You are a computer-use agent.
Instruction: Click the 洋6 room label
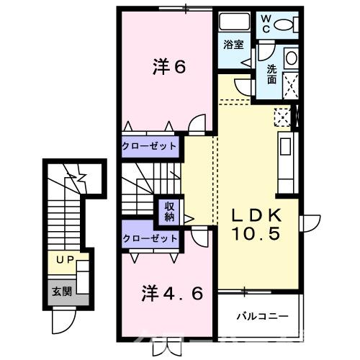(169, 66)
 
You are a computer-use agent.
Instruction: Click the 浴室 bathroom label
(233, 45)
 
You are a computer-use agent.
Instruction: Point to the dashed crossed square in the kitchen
(283, 116)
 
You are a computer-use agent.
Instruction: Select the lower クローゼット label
(149, 238)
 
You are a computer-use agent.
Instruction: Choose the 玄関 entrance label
(60, 292)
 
